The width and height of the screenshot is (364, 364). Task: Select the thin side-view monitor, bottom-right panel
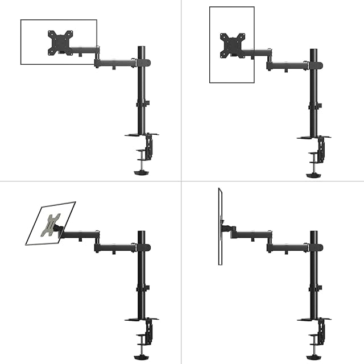pos(219,227)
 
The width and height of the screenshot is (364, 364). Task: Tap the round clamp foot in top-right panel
pos(313,173)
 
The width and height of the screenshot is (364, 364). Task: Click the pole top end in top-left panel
pos(140,46)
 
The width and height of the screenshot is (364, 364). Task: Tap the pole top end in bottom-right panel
pos(313,233)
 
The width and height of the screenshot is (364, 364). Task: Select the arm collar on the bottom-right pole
pos(315,247)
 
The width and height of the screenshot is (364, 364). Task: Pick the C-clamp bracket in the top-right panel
pos(321,150)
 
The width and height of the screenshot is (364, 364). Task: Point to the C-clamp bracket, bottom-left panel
pos(149,333)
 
